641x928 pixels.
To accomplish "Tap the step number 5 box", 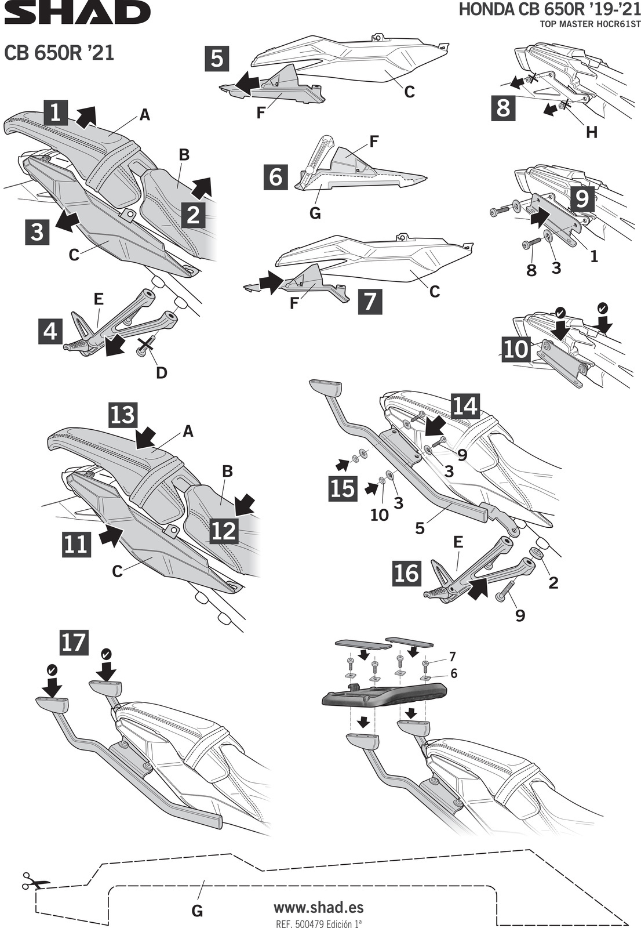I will click(x=217, y=59).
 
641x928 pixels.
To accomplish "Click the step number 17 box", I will click(x=74, y=642).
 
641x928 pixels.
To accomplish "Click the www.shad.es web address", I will click(x=318, y=907).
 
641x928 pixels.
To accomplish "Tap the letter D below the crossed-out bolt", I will click(x=162, y=372).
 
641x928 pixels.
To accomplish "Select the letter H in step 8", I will click(x=591, y=132).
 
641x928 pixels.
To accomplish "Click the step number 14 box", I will click(x=465, y=405).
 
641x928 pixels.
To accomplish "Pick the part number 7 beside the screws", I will click(x=452, y=657).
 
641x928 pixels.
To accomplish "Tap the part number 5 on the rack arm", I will click(x=420, y=528).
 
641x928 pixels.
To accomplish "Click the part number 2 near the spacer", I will click(x=553, y=582).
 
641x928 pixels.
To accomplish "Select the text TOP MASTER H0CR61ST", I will click(x=590, y=24).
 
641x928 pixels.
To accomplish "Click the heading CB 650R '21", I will click(x=59, y=53).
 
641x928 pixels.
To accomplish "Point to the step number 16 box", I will click(x=406, y=573).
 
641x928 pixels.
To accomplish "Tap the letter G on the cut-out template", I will click(x=197, y=911).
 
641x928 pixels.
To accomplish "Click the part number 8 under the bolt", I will click(x=531, y=270).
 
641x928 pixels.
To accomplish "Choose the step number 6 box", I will click(x=276, y=176).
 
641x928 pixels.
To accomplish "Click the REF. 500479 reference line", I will click(x=318, y=923).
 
